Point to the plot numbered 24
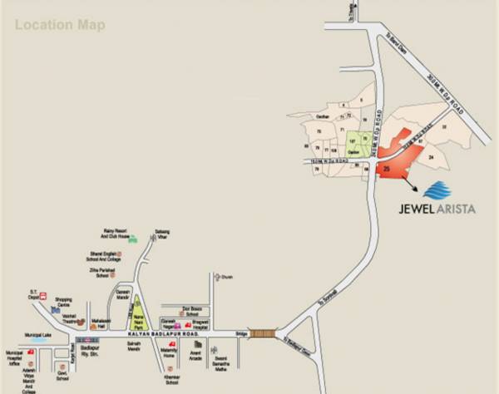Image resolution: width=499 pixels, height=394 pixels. tap(431, 155)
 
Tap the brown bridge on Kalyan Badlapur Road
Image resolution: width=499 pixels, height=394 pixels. tap(265, 332)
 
